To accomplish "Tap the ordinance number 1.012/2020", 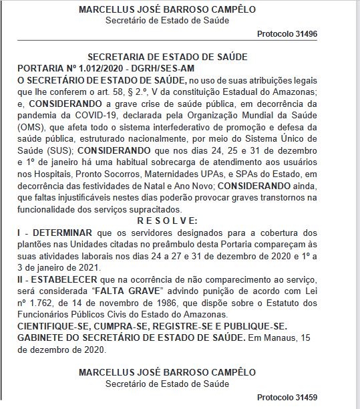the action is pos(90,70).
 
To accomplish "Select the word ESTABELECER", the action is pos(65,276).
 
